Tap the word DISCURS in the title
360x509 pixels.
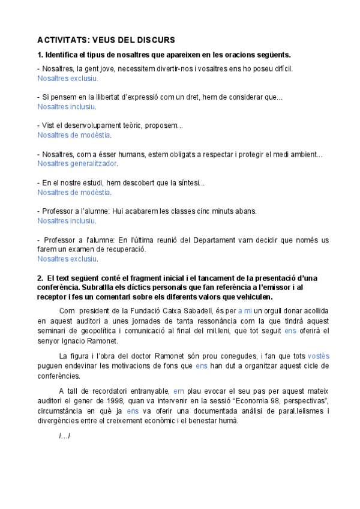[x=153, y=40]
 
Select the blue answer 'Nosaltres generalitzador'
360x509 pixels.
[x=77, y=163]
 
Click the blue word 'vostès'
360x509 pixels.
[x=319, y=356]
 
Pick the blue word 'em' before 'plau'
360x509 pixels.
[x=178, y=391]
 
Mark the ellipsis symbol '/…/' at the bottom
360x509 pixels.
[x=65, y=435]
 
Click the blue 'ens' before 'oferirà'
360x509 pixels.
[x=290, y=331]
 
